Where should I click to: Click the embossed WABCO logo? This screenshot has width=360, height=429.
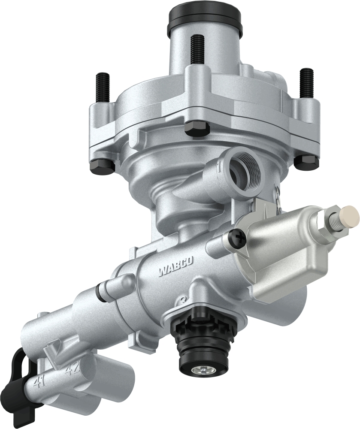[x=176, y=267]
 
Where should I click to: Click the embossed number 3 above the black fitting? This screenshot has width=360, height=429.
[x=184, y=299]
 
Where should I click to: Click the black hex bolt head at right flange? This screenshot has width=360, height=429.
[x=307, y=162]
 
